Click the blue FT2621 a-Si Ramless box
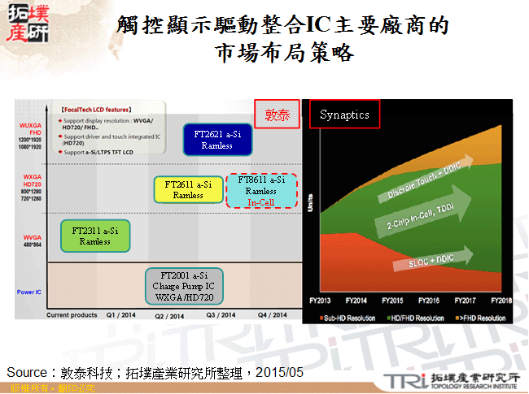pos(217,140)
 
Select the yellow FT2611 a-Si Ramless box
pos(188,189)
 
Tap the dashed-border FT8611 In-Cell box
pos(261,191)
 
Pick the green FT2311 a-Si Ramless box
pos(95,236)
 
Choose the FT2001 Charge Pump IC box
pos(184,286)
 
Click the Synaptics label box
pos(345,115)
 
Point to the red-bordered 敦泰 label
pos(277,115)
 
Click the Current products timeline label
pos(72,315)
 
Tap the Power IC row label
pos(29,291)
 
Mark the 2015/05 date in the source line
pos(278,372)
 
